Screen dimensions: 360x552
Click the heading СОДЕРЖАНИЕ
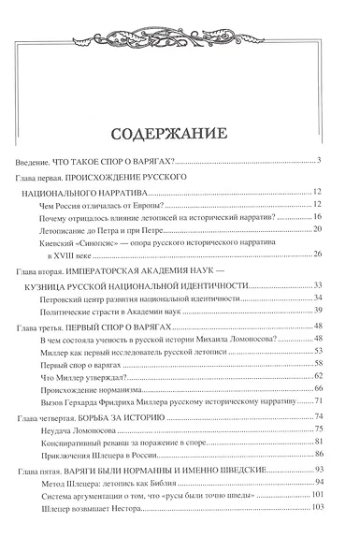coord(180,130)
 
